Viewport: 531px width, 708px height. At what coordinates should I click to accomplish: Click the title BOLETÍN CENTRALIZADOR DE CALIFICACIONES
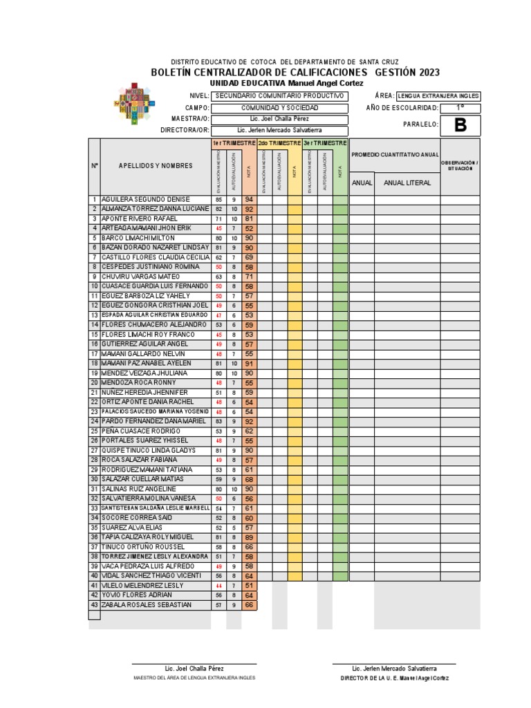coord(262,73)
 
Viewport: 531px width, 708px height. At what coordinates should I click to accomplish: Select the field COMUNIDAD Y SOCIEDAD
coord(279,108)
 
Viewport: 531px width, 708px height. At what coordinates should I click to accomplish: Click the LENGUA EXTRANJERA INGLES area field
coord(438,96)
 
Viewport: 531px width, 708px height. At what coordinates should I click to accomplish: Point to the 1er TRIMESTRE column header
coord(234,142)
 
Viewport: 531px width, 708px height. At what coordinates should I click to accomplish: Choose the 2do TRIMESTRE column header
coord(279,142)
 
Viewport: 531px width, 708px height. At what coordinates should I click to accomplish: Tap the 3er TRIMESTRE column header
coord(325,142)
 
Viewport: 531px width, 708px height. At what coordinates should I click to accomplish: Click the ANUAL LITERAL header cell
coord(407,183)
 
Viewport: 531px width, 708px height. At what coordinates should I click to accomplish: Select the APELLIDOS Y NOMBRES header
coord(155,166)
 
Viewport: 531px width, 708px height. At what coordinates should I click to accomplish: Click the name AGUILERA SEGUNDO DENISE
coord(145,199)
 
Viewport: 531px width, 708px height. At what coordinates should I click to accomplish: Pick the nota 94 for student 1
coord(249,199)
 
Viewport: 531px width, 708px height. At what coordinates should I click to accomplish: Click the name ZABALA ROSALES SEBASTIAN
coord(146,605)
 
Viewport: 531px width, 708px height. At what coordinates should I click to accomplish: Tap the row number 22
coord(94,402)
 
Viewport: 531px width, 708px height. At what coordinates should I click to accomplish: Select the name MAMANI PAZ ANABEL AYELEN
coord(145,363)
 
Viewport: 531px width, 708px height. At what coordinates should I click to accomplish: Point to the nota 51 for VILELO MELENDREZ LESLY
coord(249,586)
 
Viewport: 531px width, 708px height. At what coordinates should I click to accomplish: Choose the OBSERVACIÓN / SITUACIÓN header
coord(459,165)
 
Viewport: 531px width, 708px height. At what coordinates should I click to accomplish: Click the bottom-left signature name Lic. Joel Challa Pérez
coord(194,669)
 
